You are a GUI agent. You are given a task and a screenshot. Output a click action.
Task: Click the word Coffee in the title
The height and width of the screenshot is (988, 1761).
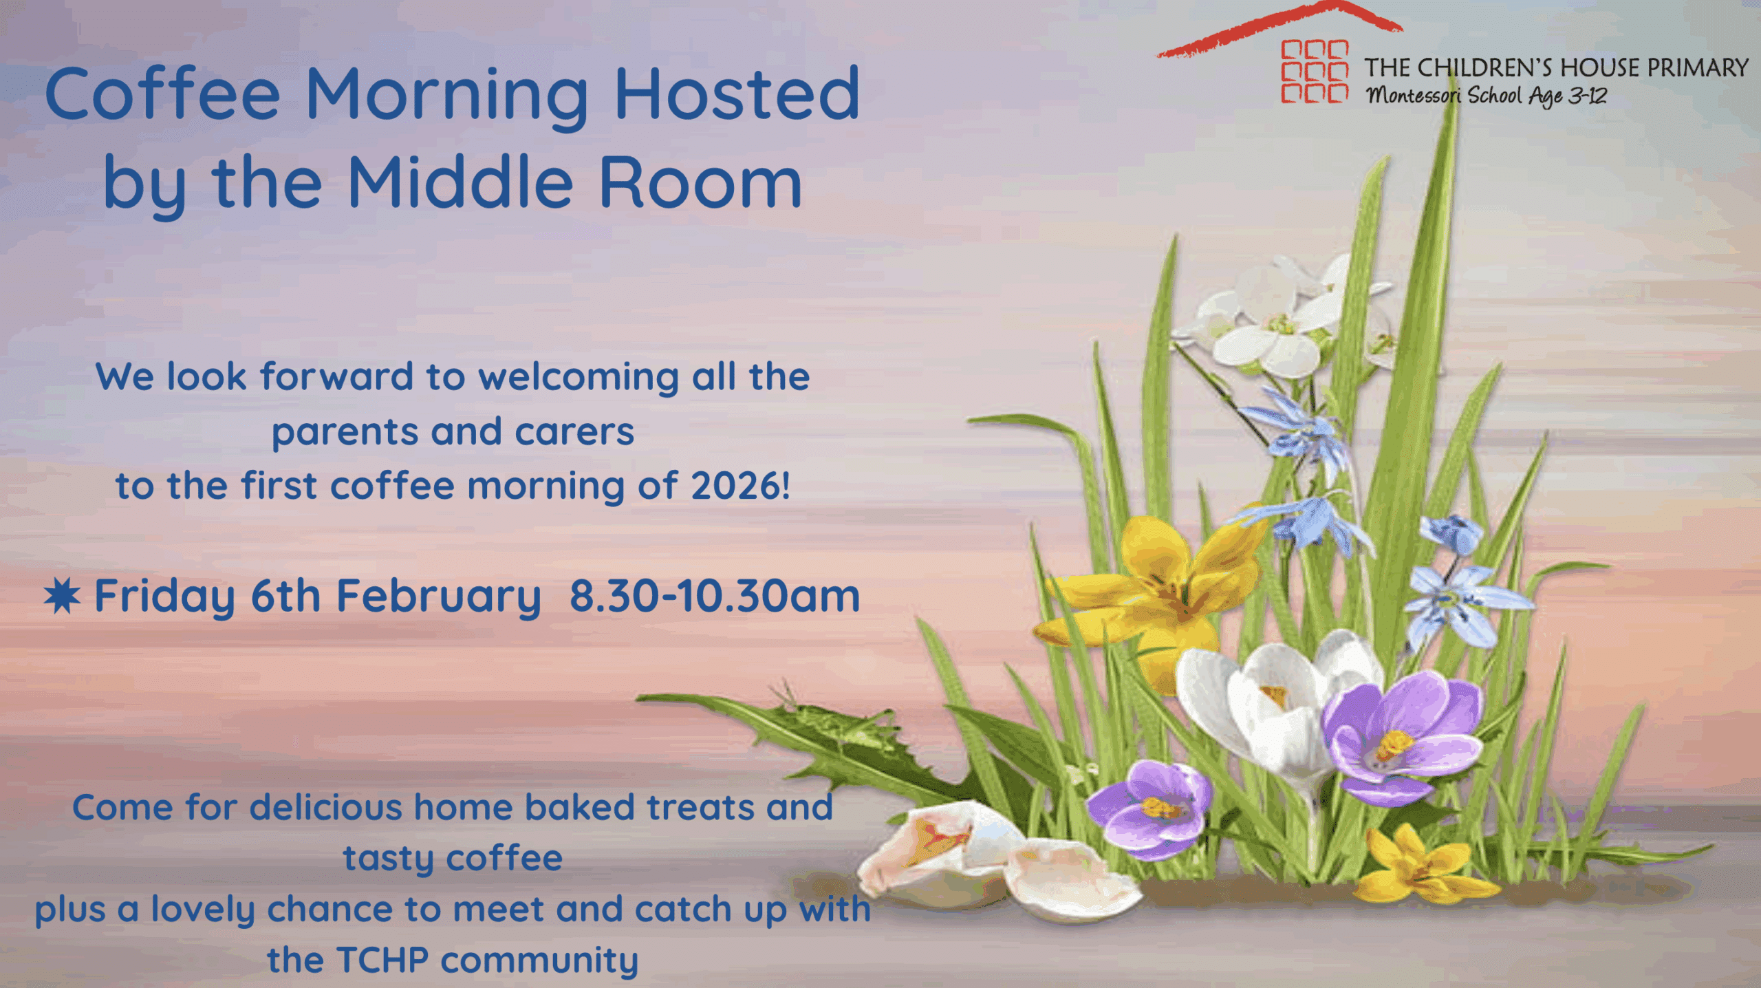coord(162,94)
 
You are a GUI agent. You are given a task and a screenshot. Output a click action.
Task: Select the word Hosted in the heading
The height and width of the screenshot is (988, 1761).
coord(737,94)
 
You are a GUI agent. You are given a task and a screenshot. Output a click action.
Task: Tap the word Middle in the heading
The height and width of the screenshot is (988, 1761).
coord(460,181)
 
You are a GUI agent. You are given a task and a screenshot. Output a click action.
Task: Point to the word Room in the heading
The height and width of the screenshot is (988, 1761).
coord(700,182)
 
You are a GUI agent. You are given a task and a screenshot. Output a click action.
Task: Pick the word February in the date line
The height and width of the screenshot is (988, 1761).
coord(438,597)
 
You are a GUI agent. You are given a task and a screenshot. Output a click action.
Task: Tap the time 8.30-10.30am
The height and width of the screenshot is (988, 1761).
coord(715,596)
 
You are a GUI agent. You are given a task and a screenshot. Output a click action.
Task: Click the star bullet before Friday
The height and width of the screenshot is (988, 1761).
coord(62,596)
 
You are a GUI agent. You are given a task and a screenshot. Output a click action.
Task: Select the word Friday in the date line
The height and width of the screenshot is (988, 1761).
coord(164,597)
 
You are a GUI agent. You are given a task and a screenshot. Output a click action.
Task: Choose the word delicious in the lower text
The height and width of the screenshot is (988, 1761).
coord(325,807)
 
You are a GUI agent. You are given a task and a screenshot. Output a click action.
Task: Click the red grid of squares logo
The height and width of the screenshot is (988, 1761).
coord(1314,72)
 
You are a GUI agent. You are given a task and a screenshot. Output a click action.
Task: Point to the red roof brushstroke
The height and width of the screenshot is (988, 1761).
coord(1279,28)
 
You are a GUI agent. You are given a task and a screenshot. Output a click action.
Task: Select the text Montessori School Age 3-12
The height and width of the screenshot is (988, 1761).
coord(1487,96)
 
